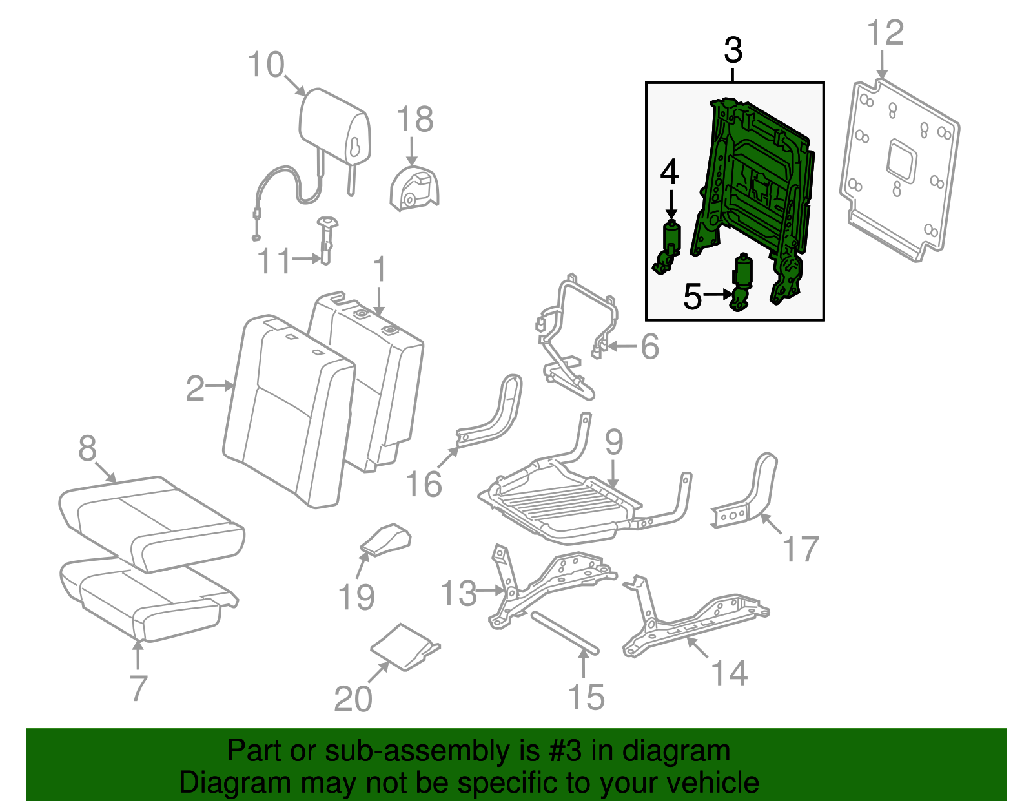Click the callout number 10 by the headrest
pyautogui.click(x=266, y=65)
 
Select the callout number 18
pyautogui.click(x=414, y=120)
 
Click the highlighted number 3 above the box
pyautogui.click(x=733, y=50)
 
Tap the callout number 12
pyautogui.click(x=885, y=33)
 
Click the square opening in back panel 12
pyautogui.click(x=902, y=159)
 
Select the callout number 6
pyautogui.click(x=649, y=346)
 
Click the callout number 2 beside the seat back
pyautogui.click(x=195, y=389)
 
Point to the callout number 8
pyautogui.click(x=87, y=448)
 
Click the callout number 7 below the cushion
pyautogui.click(x=138, y=688)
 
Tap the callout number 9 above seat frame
pyautogui.click(x=614, y=442)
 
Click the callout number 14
pyautogui.click(x=730, y=673)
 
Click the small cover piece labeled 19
pyautogui.click(x=386, y=540)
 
